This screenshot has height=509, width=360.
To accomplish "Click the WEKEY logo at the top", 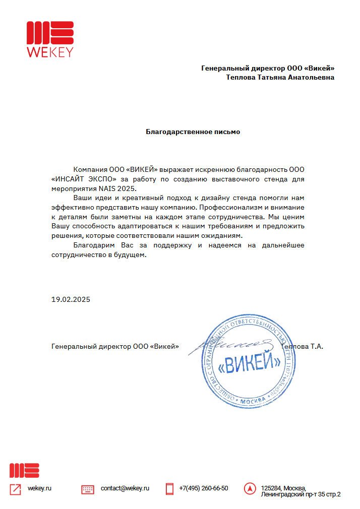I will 50,38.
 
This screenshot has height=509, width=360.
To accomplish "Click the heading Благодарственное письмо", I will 193,132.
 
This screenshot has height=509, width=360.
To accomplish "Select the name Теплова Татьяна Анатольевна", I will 286,78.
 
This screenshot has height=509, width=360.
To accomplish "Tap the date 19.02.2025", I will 71,299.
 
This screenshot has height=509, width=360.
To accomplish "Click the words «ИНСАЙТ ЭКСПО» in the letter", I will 85,179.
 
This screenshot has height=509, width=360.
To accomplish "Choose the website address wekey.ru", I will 40,488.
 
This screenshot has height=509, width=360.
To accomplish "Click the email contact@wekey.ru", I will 125,488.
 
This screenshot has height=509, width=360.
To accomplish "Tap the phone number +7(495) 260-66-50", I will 203,488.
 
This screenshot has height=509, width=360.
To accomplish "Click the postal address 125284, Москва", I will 283,488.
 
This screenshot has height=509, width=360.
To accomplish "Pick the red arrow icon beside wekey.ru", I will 16,489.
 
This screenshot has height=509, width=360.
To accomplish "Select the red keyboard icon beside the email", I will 88,489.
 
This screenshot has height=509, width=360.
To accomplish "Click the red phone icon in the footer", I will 169,488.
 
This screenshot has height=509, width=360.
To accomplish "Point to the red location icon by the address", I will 249,488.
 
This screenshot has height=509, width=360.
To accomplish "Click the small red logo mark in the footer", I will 24,470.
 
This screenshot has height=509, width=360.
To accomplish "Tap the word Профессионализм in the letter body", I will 229,207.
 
